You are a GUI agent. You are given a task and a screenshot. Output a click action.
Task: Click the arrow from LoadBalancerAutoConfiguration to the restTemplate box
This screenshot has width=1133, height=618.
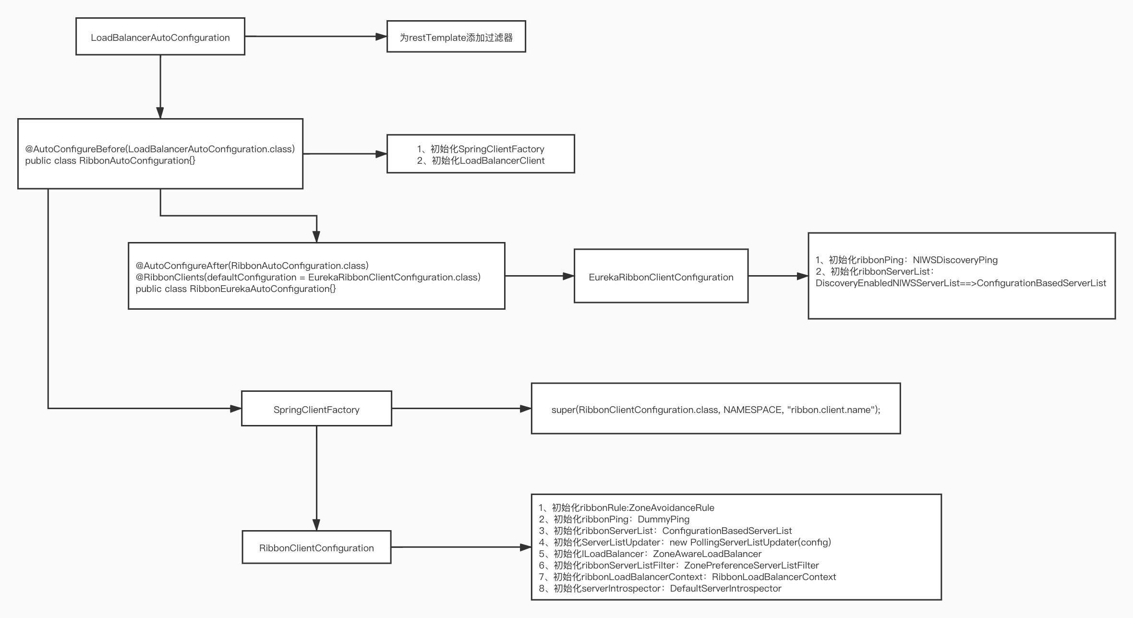[316, 36]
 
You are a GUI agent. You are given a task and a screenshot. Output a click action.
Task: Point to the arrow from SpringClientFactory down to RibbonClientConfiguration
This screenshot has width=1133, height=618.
[316, 478]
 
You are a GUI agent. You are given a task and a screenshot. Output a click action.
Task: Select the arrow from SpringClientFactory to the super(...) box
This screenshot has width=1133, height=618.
[461, 409]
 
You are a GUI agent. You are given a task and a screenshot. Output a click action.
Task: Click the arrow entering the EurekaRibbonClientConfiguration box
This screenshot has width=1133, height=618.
[540, 276]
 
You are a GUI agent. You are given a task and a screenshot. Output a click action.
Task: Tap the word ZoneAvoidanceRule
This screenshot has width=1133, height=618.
[672, 508]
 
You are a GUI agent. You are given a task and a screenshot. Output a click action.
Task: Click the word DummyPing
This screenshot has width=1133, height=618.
[663, 519]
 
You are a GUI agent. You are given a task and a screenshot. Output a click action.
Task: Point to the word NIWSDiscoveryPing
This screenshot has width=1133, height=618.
[955, 260]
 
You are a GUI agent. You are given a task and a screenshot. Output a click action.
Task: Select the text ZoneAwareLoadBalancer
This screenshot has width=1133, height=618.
[707, 554]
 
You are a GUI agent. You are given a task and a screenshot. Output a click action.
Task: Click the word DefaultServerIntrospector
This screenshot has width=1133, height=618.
[725, 588]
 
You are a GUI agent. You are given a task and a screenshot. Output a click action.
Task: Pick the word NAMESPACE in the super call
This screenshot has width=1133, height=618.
[753, 410]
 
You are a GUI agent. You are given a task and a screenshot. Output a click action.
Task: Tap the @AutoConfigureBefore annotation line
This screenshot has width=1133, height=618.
[160, 149]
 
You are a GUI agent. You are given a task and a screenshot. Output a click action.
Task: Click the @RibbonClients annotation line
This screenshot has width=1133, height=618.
[308, 277]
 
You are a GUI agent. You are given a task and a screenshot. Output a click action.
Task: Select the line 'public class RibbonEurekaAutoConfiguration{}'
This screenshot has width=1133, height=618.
[236, 289]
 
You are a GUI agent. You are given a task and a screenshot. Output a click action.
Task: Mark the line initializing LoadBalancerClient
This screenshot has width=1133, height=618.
[481, 160]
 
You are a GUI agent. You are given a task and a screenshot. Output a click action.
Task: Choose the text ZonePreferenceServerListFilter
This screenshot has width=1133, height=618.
[751, 565]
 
